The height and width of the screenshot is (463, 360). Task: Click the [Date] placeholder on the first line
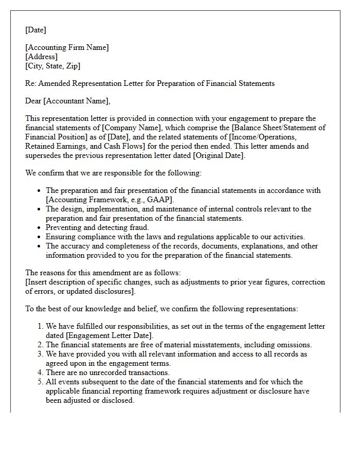35,30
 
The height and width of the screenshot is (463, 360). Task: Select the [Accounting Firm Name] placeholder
67,47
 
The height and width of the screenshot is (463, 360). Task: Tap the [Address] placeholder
41,57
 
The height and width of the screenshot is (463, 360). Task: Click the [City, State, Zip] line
52,66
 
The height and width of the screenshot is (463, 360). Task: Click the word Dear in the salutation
33,101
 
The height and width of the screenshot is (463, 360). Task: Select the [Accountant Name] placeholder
77,101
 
